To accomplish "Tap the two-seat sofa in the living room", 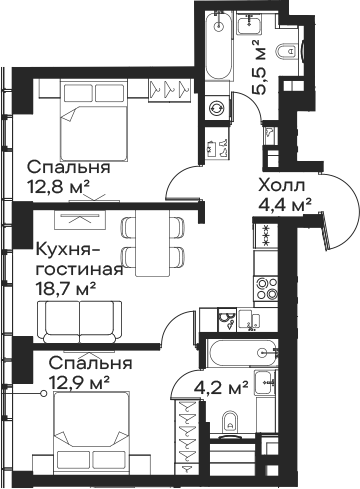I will [x=78, y=320].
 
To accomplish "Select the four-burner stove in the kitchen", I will [x=268, y=288].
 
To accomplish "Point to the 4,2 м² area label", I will [x=222, y=385].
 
